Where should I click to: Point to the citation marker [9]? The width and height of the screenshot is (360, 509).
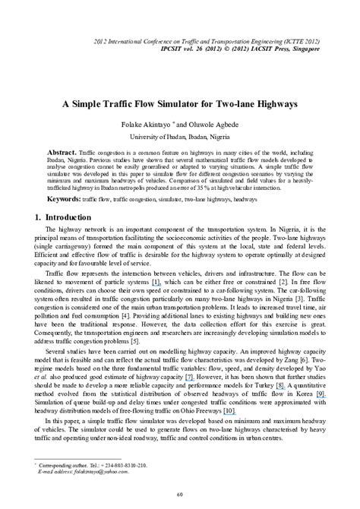point(321,394)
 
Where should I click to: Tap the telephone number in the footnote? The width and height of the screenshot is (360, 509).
point(125,465)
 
